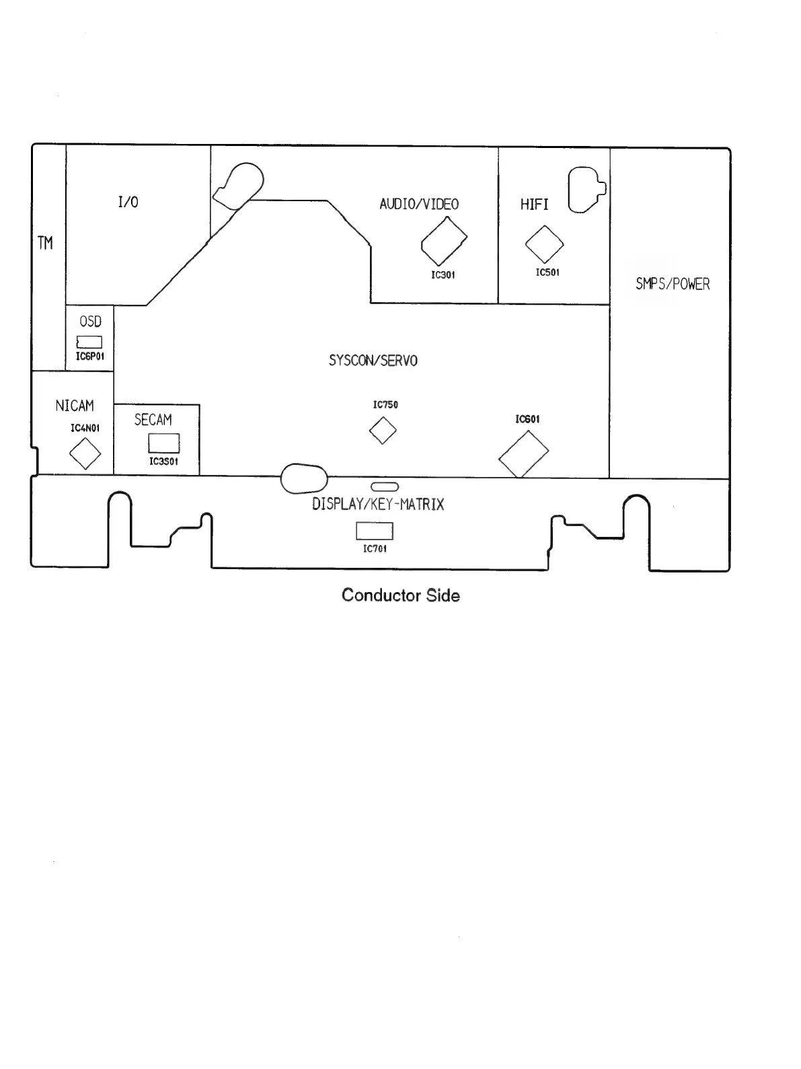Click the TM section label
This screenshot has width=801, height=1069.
click(45, 243)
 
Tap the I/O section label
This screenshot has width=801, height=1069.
click(128, 202)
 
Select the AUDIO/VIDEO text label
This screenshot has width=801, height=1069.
click(419, 204)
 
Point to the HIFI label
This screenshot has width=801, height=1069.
click(534, 205)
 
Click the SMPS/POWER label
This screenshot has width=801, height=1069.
click(673, 284)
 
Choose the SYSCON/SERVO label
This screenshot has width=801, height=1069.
click(373, 361)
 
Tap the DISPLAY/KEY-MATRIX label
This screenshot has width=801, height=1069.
click(378, 505)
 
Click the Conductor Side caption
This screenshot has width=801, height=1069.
click(401, 595)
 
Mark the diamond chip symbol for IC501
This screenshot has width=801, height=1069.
click(544, 244)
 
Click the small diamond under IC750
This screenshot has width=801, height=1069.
click(383, 431)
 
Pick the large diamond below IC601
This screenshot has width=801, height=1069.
click(523, 454)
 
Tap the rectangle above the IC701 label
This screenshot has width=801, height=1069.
click(374, 531)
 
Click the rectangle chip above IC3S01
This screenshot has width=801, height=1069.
click(163, 443)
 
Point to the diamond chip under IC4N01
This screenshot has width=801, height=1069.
click(85, 453)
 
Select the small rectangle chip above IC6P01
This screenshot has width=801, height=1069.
click(89, 342)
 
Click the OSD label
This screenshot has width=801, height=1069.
click(90, 322)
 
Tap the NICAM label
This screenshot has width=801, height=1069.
click(75, 406)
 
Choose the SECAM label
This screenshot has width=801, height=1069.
click(153, 420)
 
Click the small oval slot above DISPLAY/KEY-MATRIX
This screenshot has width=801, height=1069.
click(385, 486)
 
